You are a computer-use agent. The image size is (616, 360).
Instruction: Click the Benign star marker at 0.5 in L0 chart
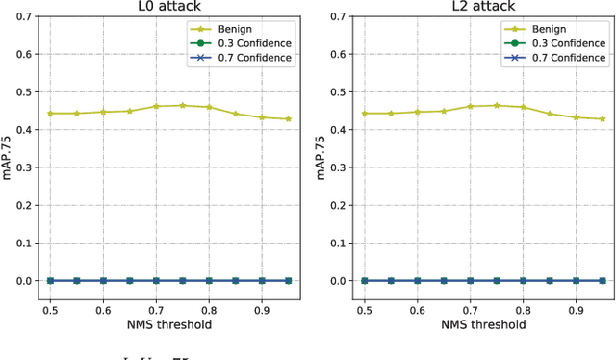click(x=51, y=114)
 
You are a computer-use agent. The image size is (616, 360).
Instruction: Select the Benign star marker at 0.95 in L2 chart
click(x=602, y=119)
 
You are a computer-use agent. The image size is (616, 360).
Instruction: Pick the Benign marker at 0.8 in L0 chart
click(x=209, y=107)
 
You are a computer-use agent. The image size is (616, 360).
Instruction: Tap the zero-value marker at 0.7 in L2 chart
click(x=470, y=280)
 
